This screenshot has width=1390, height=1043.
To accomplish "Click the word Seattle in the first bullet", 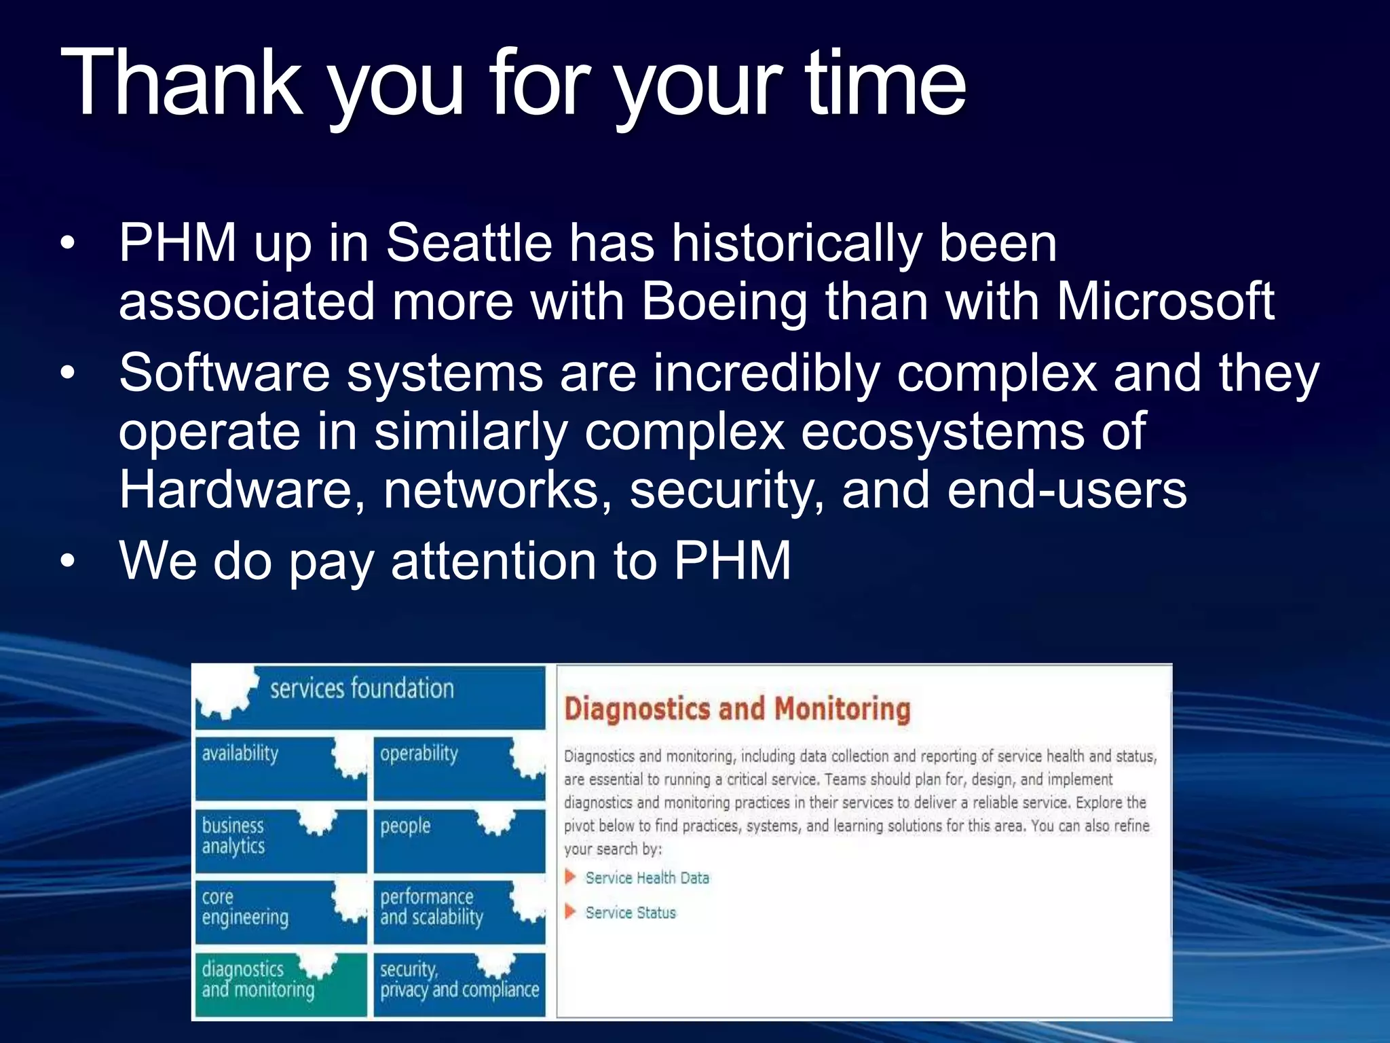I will (469, 242).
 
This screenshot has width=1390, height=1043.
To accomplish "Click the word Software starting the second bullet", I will (225, 373).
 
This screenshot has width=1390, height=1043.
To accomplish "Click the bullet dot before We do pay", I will (67, 562).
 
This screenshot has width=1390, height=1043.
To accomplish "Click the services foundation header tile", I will (370, 697).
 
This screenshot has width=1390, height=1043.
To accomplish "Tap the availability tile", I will (280, 768).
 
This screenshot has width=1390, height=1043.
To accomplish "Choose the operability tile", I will (459, 768).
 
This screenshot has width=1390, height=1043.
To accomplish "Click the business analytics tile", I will (280, 840).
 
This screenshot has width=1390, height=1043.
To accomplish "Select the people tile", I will (459, 840).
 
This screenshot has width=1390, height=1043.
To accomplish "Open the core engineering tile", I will (280, 911).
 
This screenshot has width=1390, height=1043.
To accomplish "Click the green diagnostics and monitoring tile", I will (280, 983).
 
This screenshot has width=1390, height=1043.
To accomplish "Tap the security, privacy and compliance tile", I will (459, 983).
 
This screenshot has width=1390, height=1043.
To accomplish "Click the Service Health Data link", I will (647, 878).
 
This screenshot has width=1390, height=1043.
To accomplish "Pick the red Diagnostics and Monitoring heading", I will (737, 708).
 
